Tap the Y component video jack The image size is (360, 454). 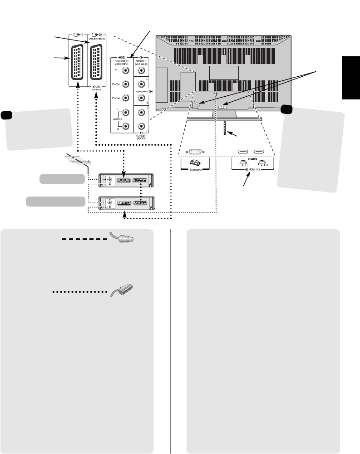click(x=126, y=71)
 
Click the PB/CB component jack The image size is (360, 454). click(x=126, y=84)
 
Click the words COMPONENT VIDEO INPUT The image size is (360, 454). click(x=122, y=63)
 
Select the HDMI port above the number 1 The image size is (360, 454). click(x=242, y=153)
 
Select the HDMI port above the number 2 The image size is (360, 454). click(x=259, y=153)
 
